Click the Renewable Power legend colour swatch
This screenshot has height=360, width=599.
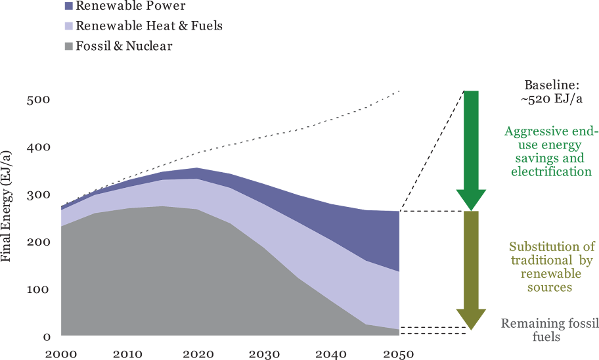point(68,7)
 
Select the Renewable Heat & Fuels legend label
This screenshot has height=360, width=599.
point(148,26)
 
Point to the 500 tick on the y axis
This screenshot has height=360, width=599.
point(38,101)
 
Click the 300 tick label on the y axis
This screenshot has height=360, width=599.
point(38,195)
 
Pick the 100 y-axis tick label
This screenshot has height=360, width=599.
point(38,290)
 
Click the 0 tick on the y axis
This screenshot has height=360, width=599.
point(47,337)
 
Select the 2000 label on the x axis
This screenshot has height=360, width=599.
point(60,354)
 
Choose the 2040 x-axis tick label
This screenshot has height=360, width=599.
point(331,354)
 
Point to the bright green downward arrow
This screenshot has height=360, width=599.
point(471,148)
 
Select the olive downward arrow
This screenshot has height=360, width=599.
point(471,266)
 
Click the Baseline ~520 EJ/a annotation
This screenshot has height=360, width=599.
point(552,92)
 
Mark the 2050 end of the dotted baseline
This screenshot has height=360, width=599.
point(399,91)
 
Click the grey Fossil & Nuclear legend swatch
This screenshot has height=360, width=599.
point(68,46)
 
